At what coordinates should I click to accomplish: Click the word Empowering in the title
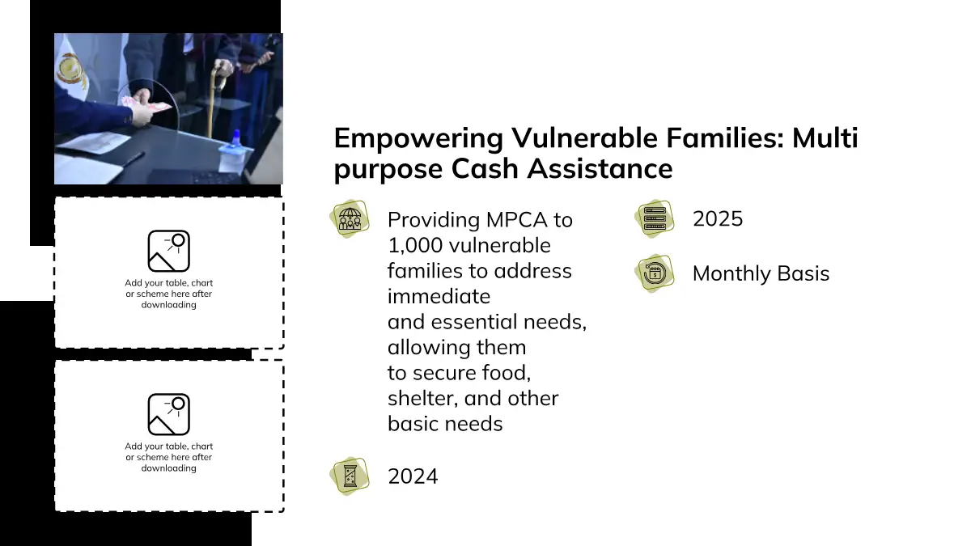(x=418, y=139)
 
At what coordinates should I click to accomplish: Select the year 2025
(x=718, y=219)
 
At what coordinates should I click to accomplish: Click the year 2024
(x=413, y=476)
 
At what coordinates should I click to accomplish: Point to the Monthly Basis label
(x=761, y=273)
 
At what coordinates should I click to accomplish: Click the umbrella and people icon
(x=350, y=218)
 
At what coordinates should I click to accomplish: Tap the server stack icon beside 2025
(x=655, y=218)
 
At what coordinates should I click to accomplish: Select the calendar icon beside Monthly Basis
(x=655, y=273)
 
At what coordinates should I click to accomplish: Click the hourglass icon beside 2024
(x=350, y=476)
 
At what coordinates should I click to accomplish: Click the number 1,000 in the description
(x=415, y=246)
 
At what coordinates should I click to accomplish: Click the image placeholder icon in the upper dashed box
(x=168, y=251)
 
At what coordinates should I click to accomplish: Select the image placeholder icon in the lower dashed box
(x=168, y=414)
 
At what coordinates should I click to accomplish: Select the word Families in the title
(x=725, y=138)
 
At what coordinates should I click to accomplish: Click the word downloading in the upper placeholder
(x=168, y=305)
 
